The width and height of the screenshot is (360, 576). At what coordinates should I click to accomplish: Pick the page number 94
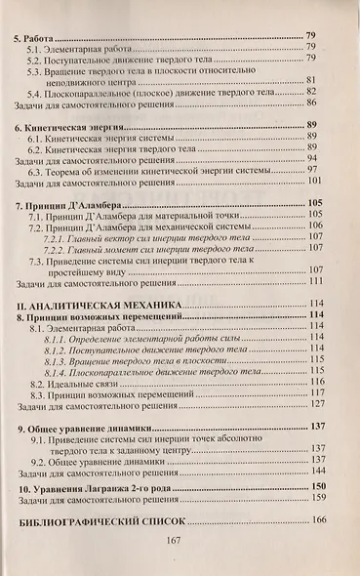(x=313, y=159)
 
